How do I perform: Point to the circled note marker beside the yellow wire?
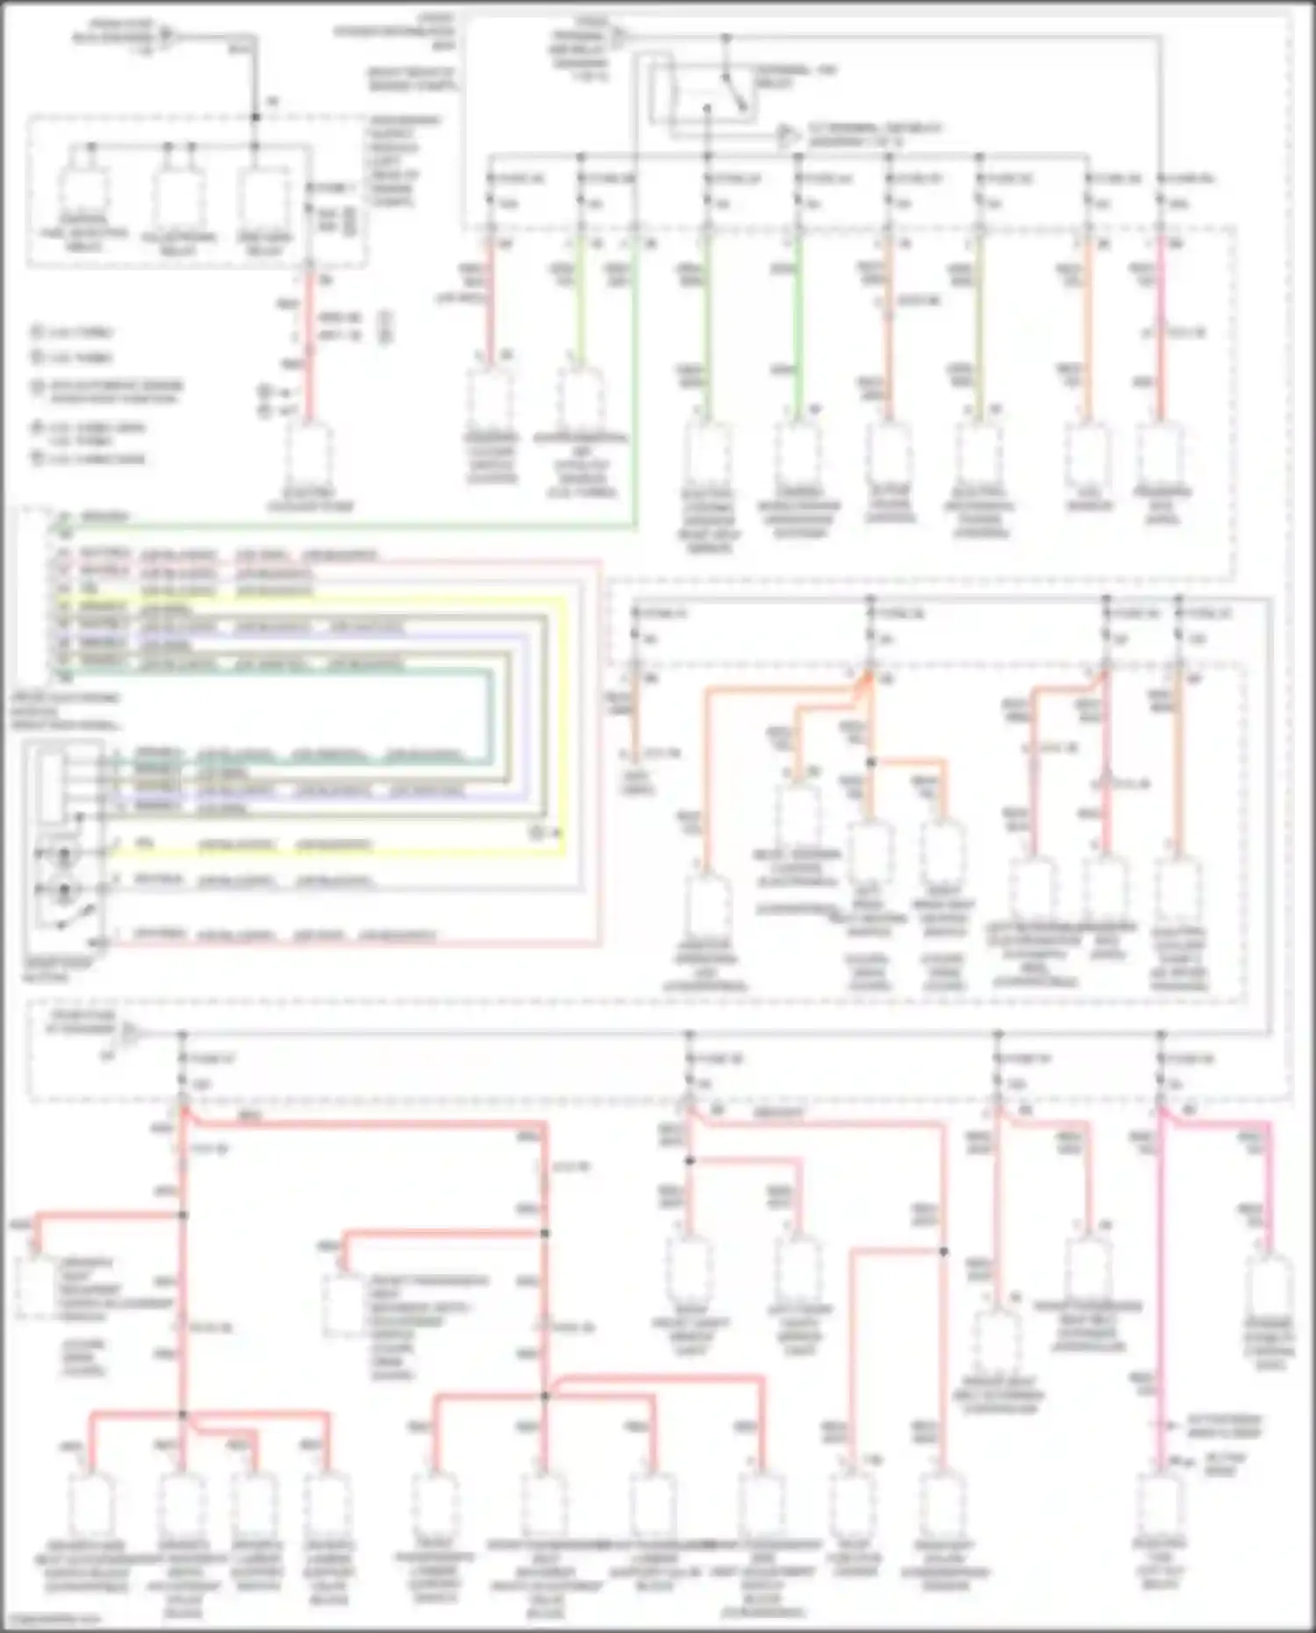pos(537,831)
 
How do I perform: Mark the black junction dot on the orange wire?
pos(871,763)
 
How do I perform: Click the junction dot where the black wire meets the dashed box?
pos(255,117)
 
